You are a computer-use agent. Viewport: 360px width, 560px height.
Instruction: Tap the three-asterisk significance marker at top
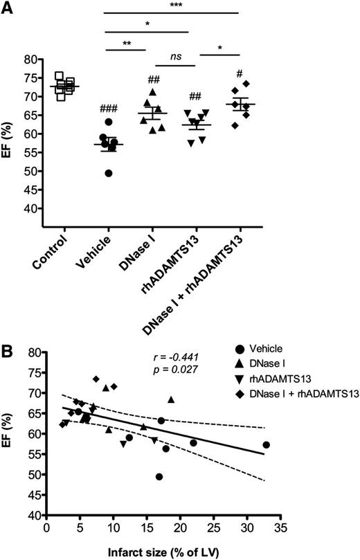point(172,6)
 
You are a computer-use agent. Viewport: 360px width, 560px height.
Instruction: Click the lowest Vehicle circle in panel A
point(107,173)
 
